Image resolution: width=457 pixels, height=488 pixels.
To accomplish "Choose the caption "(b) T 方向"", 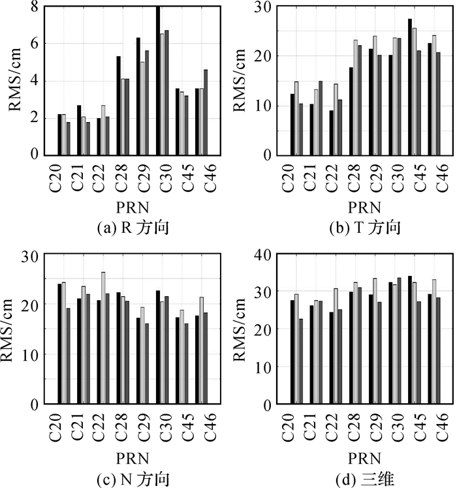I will [357, 228].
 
